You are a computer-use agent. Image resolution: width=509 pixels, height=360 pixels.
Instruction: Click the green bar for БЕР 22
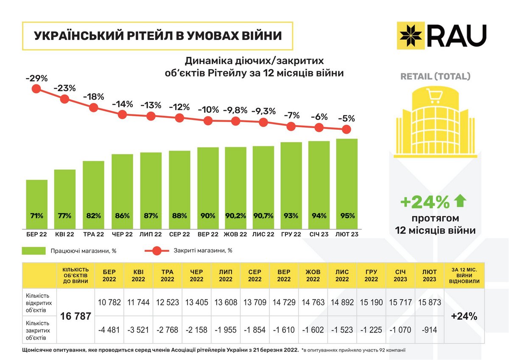(x=37, y=204)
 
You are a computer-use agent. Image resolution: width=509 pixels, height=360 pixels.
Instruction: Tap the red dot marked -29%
(x=36, y=89)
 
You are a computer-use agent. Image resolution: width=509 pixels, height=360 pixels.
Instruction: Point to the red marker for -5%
(x=346, y=129)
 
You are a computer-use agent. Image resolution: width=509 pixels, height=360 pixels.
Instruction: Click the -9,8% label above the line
(x=236, y=110)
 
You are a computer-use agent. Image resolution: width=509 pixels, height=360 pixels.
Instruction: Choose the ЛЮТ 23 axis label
(x=347, y=234)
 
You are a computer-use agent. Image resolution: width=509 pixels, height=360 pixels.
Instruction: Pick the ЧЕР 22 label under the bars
(x=122, y=234)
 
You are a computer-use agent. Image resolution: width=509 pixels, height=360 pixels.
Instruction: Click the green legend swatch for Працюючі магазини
(x=34, y=251)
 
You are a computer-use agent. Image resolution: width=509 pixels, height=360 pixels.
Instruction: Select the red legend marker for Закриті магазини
(x=157, y=251)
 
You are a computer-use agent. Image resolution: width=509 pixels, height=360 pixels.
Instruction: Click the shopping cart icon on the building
(x=435, y=97)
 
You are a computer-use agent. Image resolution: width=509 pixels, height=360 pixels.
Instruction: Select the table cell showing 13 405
(x=196, y=302)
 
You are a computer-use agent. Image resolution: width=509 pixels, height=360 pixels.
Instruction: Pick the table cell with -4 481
(x=109, y=329)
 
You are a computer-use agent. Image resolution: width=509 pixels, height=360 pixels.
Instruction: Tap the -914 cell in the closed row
(x=430, y=329)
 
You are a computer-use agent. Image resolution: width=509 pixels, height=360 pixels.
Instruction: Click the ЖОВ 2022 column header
(x=313, y=276)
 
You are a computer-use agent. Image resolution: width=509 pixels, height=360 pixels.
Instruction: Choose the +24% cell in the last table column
(x=464, y=316)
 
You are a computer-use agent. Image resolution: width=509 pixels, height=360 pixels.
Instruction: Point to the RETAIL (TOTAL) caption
(x=436, y=77)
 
